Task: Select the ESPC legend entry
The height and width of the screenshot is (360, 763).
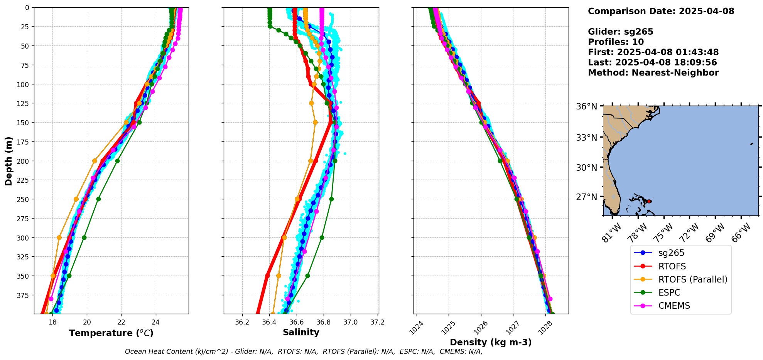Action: tap(669, 293)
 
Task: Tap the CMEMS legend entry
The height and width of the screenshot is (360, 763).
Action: tap(674, 306)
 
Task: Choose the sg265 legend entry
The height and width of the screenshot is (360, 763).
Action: tap(671, 253)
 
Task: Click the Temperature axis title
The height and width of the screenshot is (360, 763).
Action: tap(111, 333)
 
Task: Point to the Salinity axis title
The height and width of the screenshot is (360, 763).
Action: tap(301, 333)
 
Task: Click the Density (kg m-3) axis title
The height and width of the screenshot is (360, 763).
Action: tap(491, 342)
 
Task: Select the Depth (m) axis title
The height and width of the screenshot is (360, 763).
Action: tap(8, 161)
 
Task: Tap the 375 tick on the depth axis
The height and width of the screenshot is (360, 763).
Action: tap(24, 295)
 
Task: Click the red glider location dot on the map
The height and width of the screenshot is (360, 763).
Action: tap(649, 201)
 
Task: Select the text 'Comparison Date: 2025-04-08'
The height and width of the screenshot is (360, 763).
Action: tap(661, 11)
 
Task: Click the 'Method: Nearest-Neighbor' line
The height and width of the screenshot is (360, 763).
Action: tap(653, 73)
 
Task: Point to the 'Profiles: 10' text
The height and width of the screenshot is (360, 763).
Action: tap(616, 42)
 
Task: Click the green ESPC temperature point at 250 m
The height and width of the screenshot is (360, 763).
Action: tap(98, 199)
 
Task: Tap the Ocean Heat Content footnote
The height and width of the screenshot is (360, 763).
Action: tap(304, 352)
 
